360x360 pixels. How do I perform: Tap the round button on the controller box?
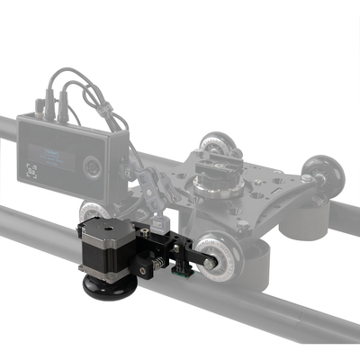91,166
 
